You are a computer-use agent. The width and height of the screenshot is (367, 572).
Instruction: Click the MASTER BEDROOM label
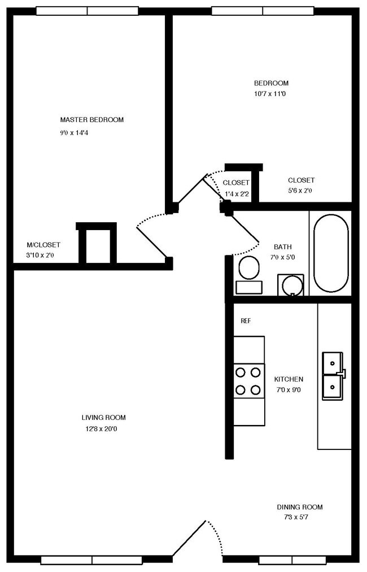point(92,120)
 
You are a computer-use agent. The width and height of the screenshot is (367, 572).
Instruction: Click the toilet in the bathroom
point(247,274)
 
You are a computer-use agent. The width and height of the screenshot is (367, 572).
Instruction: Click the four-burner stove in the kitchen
point(249,381)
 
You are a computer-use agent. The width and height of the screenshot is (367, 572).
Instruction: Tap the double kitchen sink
point(333,375)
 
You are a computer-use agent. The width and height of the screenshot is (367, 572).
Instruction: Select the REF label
point(246,321)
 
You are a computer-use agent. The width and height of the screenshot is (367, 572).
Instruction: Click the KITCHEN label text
point(289,379)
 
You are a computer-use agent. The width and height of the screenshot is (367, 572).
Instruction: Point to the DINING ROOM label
point(300,507)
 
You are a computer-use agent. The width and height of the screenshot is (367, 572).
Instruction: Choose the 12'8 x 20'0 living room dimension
point(103,429)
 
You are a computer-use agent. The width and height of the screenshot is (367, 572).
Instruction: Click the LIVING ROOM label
point(103,418)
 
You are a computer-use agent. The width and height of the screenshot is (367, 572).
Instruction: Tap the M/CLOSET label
point(43,245)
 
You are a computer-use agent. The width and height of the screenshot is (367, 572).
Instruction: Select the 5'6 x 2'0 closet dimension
point(300,191)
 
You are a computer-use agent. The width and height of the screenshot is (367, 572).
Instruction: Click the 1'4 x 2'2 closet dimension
point(237,194)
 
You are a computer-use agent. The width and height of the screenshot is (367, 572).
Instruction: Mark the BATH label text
point(282,247)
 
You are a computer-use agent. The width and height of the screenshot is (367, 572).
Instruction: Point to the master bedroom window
point(88,11)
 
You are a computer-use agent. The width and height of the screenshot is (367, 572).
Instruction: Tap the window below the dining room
point(292,560)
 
